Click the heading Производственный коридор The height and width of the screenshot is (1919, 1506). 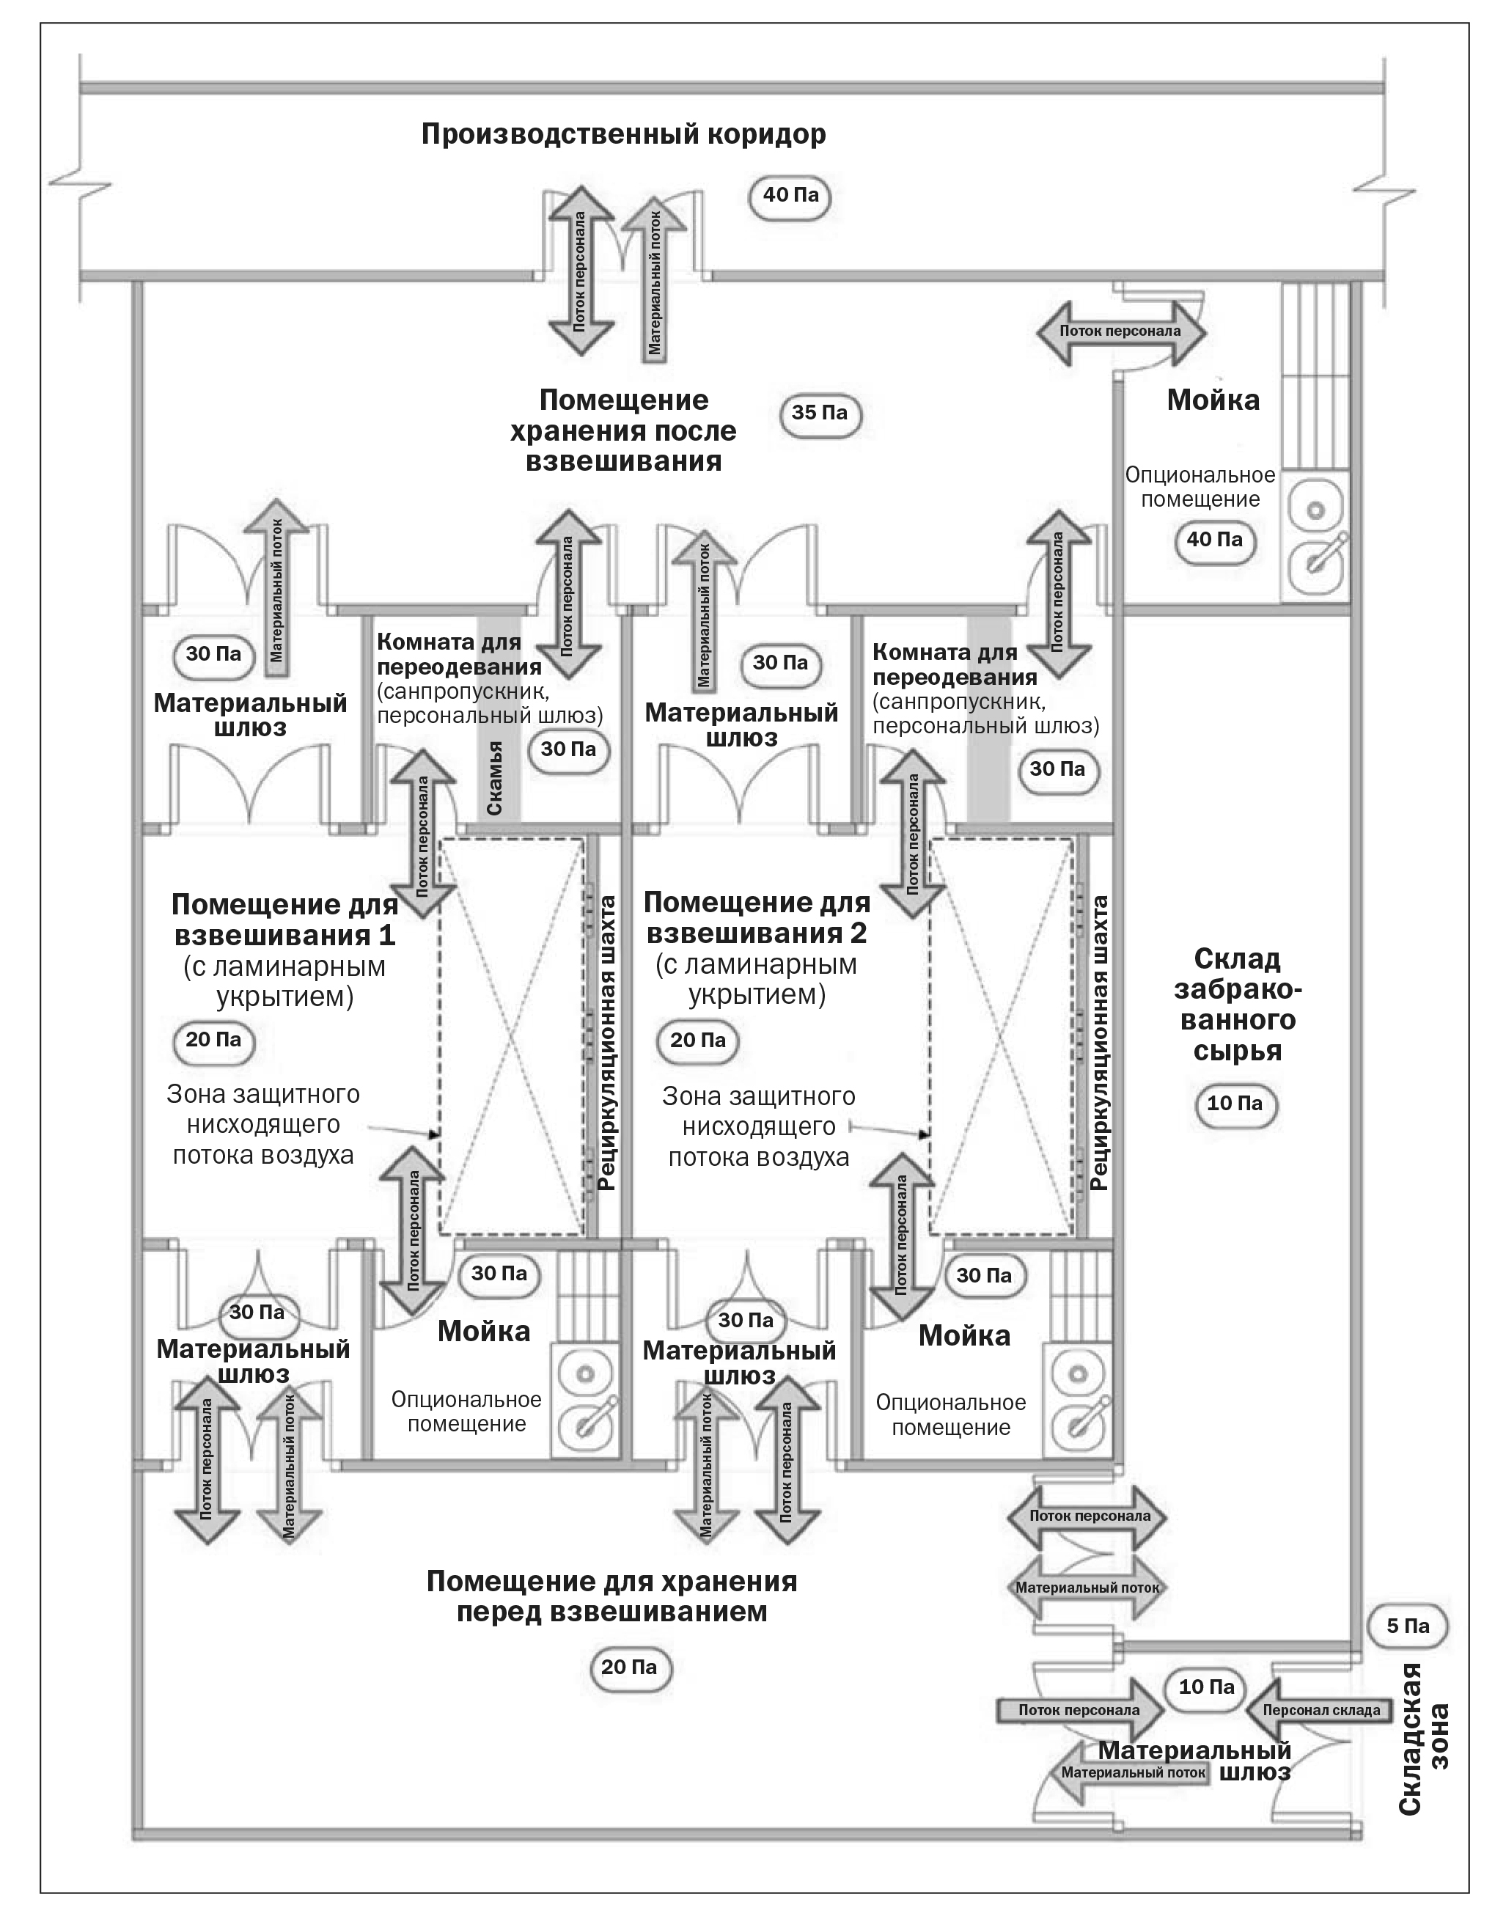click(623, 134)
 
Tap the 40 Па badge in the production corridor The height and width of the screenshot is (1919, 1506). click(790, 195)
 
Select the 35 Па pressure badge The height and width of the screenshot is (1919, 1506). click(819, 413)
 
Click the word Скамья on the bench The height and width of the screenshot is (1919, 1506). click(495, 779)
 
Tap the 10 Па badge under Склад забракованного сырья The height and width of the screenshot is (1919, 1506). click(1235, 1104)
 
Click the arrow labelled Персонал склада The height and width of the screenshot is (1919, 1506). click(1318, 1710)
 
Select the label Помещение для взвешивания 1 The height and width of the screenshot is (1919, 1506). click(284, 919)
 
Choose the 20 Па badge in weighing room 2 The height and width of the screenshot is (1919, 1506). click(697, 1041)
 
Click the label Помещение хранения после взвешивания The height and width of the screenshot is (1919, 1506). click(623, 430)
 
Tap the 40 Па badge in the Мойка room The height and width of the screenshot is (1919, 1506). click(1214, 540)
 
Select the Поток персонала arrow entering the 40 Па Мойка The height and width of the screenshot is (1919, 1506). click(1120, 331)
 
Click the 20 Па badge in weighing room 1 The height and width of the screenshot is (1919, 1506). click(213, 1040)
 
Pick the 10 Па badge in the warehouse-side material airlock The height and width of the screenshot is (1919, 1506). click(1206, 1687)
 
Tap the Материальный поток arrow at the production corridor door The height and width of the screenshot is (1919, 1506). click(654, 280)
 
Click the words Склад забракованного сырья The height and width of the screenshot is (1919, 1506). click(1237, 1005)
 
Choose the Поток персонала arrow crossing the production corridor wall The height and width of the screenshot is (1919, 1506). click(580, 271)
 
